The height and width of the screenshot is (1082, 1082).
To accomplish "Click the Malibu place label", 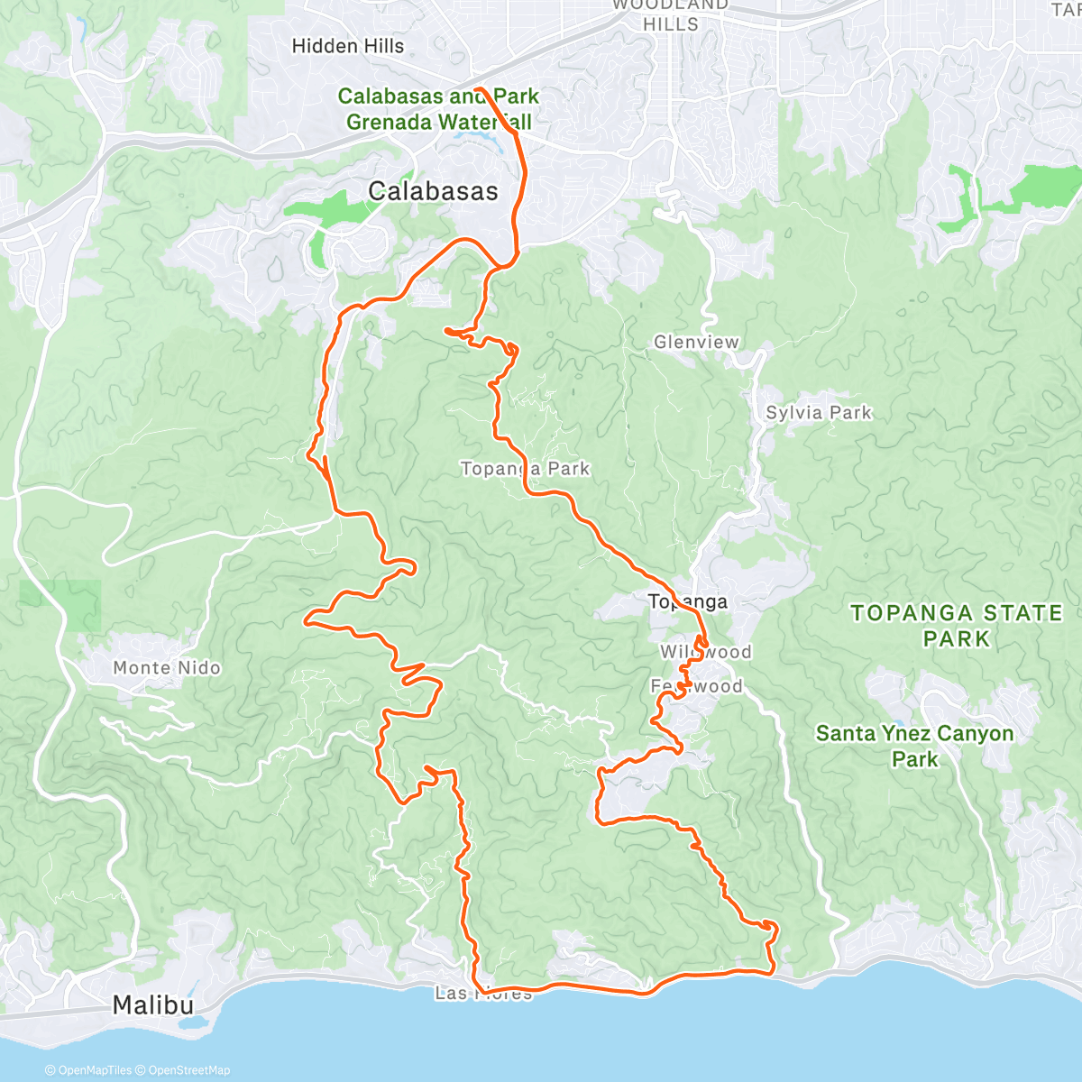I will (153, 1004).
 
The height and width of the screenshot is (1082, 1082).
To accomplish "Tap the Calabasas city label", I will (433, 191).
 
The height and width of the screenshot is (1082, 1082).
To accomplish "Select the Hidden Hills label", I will (348, 46).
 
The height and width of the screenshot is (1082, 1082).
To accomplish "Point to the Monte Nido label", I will (167, 668).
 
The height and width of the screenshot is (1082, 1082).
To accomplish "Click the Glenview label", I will (696, 342).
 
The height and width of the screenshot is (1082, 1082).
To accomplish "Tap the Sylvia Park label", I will (819, 413).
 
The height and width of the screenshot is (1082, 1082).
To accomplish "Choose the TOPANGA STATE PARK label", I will (957, 626).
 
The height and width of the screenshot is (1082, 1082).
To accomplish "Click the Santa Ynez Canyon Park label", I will (914, 746).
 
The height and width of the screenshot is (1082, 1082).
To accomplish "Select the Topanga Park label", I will (525, 469).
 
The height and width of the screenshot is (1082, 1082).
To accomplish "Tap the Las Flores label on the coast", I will (483, 994).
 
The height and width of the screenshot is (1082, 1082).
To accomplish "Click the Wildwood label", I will (705, 652).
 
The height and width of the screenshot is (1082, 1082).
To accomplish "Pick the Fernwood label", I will (697, 686).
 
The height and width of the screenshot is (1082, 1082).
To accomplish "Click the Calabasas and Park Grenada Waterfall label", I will (438, 109).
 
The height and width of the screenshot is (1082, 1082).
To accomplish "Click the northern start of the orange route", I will (477, 89).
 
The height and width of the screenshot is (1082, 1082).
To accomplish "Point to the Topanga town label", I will (687, 601).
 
